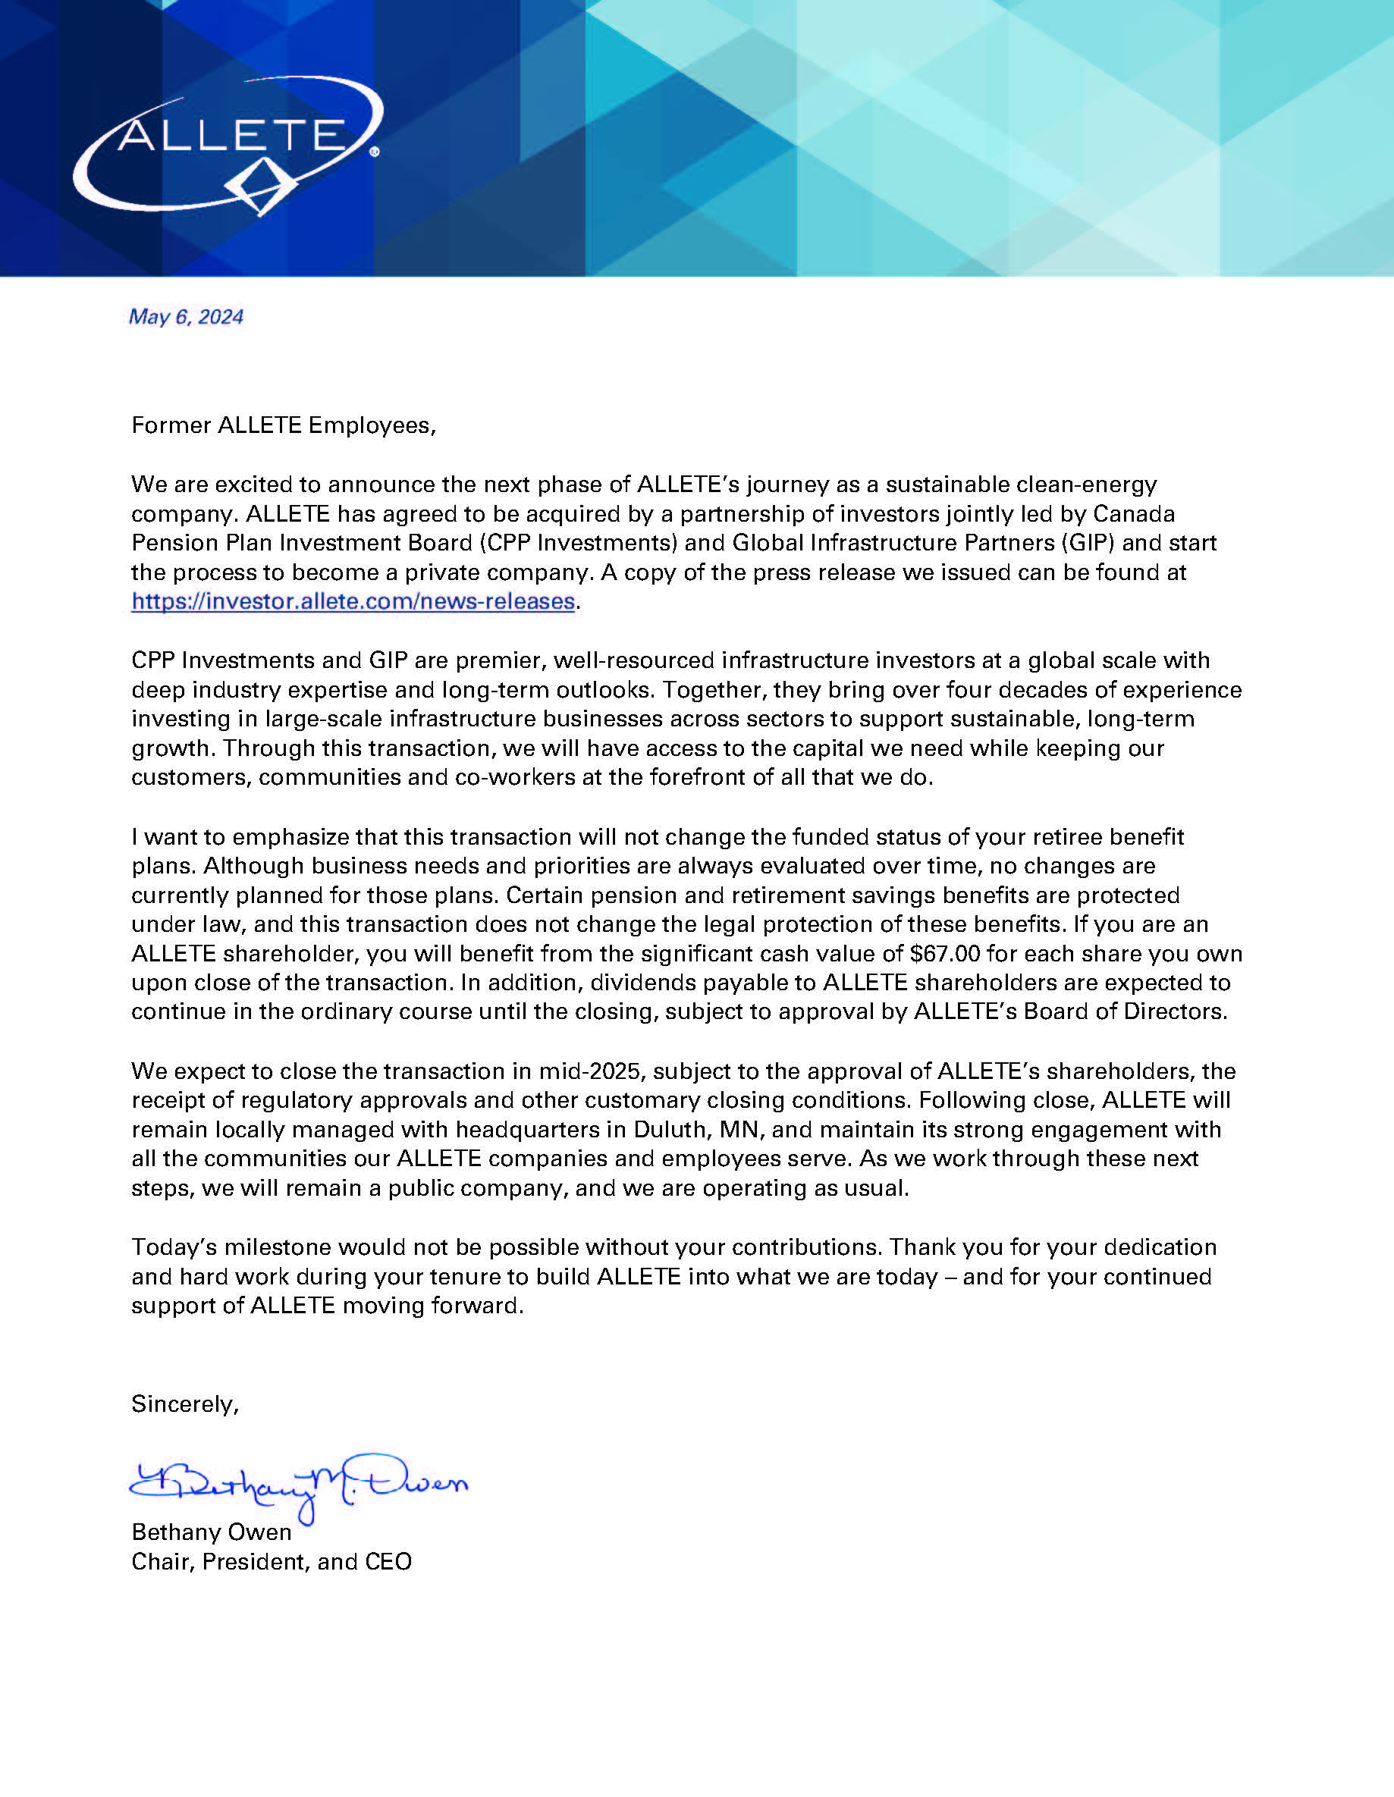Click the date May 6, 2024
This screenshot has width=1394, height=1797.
pos(186,317)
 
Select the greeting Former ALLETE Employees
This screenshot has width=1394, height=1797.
pos(283,425)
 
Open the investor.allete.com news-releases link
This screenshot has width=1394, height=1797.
pos(353,601)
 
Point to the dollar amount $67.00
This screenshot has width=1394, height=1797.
pos(945,954)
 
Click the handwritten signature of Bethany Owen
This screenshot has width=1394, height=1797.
pos(298,1484)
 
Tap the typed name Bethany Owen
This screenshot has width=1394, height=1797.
pos(212,1532)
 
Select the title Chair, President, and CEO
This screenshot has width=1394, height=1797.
pos(272,1562)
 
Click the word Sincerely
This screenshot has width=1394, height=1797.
pos(185,1403)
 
